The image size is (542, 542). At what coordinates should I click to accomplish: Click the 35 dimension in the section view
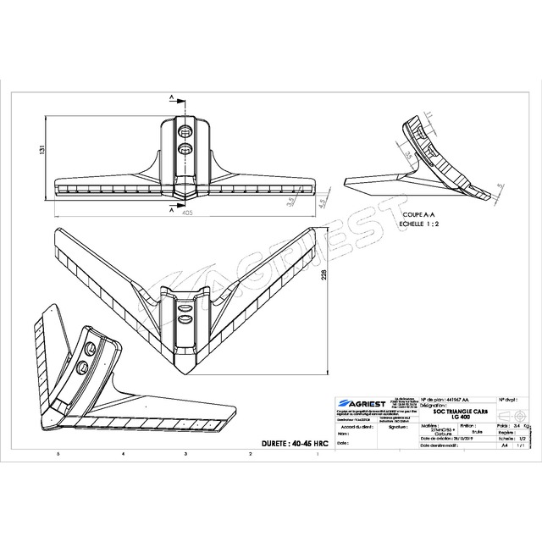click(x=407, y=154)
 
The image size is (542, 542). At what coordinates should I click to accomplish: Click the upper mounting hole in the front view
click(x=185, y=130)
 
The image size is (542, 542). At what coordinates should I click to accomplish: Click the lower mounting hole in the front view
click(x=185, y=149)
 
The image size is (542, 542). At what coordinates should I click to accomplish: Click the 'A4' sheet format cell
click(x=505, y=444)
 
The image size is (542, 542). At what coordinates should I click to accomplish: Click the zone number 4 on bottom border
click(x=124, y=455)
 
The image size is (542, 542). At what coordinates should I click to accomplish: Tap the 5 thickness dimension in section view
click(x=500, y=184)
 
